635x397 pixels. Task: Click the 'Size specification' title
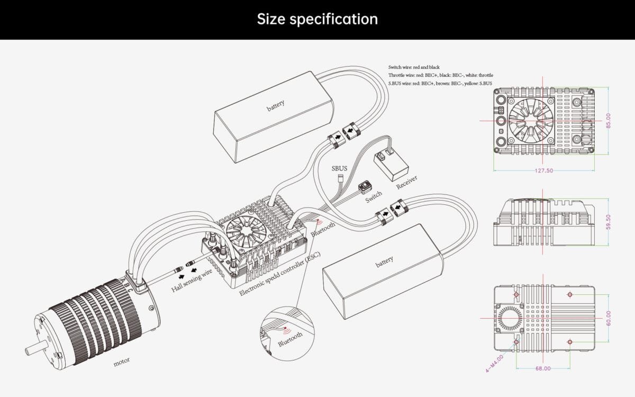coord(317,20)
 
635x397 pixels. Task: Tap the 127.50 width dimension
coord(544,171)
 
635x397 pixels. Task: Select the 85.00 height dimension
coord(609,121)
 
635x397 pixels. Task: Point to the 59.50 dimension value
coord(609,221)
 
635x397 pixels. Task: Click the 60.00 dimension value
coord(609,318)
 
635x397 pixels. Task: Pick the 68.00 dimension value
coord(543,368)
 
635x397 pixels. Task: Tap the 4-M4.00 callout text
coord(494,364)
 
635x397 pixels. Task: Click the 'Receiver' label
coord(406,182)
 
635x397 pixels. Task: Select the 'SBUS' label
coord(339,168)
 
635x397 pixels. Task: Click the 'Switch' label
coord(374,197)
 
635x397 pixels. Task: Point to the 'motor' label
coord(121,363)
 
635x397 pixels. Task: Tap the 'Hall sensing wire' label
coord(192,281)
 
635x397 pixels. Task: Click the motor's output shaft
coord(32,350)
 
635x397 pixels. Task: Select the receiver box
coord(391,163)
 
